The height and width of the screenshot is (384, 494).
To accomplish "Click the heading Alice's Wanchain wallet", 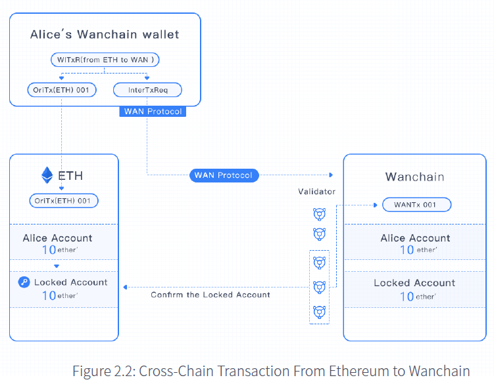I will tap(105, 35).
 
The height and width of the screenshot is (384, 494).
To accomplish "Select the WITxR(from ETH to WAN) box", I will tap(105, 60).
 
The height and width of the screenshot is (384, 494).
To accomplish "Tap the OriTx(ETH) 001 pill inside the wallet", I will tap(61, 89).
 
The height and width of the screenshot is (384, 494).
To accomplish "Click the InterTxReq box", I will tap(147, 89).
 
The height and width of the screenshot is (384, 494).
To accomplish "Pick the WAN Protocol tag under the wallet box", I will tap(153, 112).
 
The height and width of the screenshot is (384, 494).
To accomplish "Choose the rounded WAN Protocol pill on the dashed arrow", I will tap(224, 175).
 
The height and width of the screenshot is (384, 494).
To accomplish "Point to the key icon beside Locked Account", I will tap(24, 282).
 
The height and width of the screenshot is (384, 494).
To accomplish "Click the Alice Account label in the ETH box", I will tap(58, 238).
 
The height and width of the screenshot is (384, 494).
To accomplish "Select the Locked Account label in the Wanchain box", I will tap(414, 283).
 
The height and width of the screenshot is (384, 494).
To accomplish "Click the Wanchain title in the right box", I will tap(414, 177).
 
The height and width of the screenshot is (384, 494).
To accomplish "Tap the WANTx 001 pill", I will tap(417, 205).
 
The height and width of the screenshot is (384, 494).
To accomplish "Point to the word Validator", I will tap(317, 192).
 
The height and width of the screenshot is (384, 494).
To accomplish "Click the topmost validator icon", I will tap(319, 213).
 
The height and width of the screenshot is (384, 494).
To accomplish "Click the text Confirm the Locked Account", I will tap(210, 295).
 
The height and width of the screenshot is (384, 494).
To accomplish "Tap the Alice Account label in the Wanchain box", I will tap(415, 238).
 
